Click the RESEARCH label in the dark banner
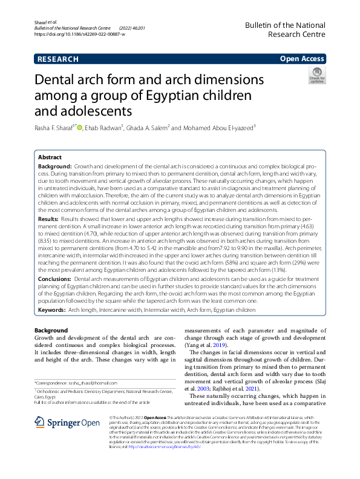[58, 59]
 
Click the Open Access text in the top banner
[302, 59]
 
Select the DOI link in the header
[79, 35]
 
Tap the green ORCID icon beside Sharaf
[79, 127]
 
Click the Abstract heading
[50, 156]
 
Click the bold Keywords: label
[52, 309]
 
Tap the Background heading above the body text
[51, 330]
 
